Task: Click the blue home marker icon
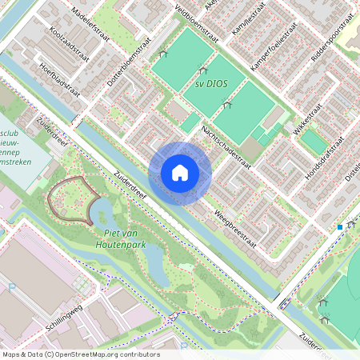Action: pos(180,173)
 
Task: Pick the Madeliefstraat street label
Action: pos(91,21)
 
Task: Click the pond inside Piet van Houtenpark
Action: pos(103,212)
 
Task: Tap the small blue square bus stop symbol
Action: pos(340,227)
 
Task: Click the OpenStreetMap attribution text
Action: pos(81,354)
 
